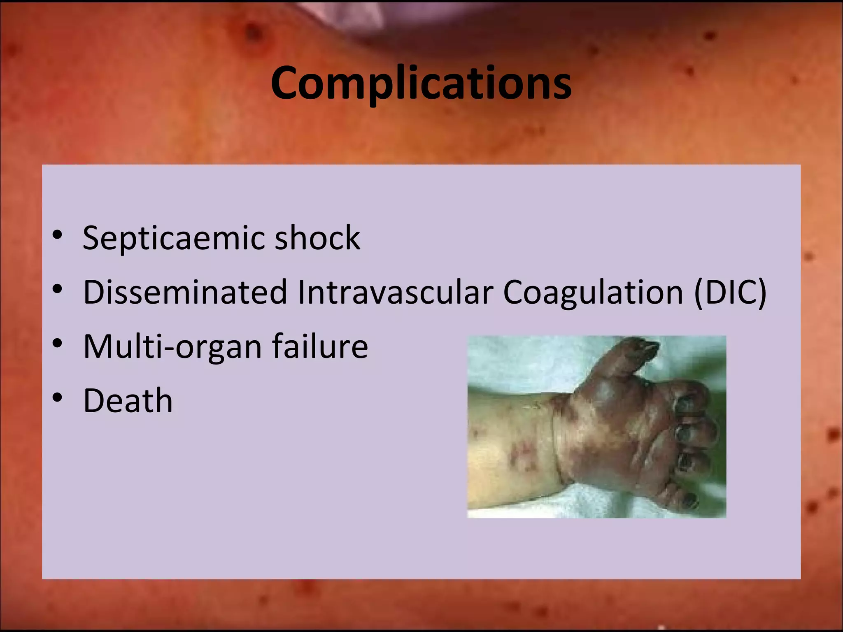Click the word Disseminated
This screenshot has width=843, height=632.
(x=185, y=292)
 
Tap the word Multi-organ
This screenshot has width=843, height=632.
(x=172, y=347)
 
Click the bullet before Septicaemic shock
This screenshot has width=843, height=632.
(x=57, y=235)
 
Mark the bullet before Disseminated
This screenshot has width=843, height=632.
(x=57, y=289)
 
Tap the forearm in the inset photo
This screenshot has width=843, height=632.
(x=506, y=453)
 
